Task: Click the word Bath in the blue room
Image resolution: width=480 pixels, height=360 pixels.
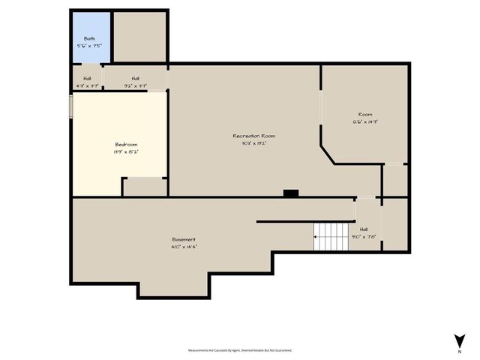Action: coord(89,37)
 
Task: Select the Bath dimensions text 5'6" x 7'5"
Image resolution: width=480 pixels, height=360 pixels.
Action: coord(89,46)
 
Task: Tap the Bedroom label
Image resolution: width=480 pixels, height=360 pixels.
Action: coord(126,144)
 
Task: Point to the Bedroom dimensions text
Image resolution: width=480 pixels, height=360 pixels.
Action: coord(126,151)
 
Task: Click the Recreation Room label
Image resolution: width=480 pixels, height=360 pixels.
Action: coord(253,136)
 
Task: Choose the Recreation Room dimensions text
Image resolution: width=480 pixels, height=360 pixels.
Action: coord(253,142)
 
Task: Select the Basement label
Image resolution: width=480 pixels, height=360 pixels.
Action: coord(184,239)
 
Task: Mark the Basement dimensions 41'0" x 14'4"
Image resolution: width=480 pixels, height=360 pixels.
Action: coord(184,246)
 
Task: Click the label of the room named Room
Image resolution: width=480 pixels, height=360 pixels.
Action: coord(364,115)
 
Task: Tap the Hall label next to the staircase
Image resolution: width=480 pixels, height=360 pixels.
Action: coord(364,229)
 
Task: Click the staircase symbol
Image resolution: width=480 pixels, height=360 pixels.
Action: coord(331,237)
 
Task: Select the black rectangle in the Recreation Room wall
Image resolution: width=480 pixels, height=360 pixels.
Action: coord(290,193)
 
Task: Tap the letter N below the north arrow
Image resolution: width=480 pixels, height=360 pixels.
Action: coord(459,350)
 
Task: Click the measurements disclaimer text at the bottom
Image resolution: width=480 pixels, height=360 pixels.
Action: coord(239,350)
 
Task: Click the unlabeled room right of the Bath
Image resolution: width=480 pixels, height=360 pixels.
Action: coord(139,36)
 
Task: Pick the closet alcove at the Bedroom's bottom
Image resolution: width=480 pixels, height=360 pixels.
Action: coord(144,187)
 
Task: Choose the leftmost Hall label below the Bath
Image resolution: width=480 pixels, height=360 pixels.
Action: coord(87,78)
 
